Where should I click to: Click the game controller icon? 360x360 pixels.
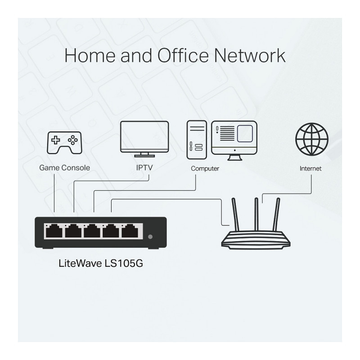[x=64, y=143]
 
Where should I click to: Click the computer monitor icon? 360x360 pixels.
[x=234, y=138]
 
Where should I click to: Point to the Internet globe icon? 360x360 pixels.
[x=311, y=138]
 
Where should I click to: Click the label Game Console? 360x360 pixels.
[x=64, y=168]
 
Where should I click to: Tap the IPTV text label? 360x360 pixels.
[x=144, y=168]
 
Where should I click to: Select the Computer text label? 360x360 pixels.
[x=205, y=169]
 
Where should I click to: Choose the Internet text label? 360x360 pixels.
[x=310, y=169]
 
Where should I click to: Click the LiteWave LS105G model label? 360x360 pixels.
[x=101, y=263]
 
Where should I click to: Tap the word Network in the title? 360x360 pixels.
[x=249, y=55]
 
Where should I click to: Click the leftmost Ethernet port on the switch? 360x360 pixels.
[x=54, y=231]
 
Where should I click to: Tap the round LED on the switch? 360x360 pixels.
[x=150, y=236]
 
